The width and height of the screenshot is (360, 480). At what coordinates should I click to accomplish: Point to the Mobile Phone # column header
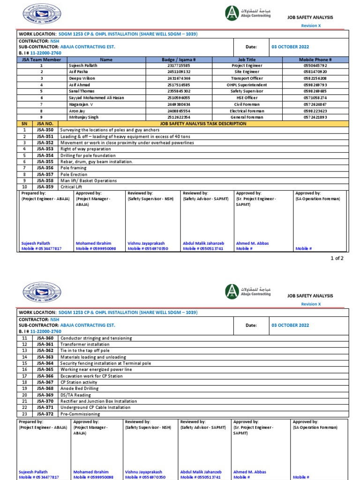coord(315,60)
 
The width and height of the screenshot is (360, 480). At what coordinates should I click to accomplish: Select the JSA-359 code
coord(45,187)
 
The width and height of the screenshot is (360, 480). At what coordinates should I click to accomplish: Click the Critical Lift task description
coord(72,187)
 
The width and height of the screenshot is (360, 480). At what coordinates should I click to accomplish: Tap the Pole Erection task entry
coord(74,174)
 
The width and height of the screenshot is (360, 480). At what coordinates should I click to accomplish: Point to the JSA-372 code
coord(45,414)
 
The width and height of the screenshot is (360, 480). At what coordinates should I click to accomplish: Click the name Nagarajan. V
coord(81,104)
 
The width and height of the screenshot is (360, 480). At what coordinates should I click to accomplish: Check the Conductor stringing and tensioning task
coord(96,338)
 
